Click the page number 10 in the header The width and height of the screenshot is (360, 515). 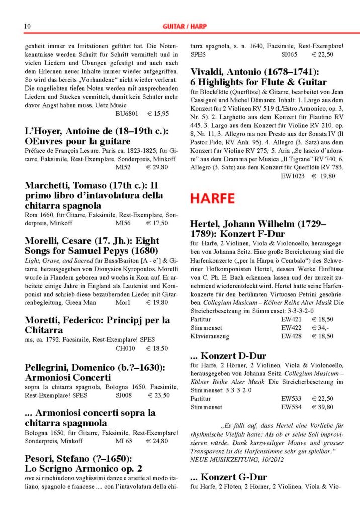pos(28,26)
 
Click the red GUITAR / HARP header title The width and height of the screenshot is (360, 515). pos(185,26)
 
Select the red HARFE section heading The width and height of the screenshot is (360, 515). pos(212,199)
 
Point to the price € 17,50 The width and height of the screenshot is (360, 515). pos(157,223)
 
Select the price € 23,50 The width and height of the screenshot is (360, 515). pos(157,395)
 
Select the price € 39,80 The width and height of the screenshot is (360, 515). pos(322,407)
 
